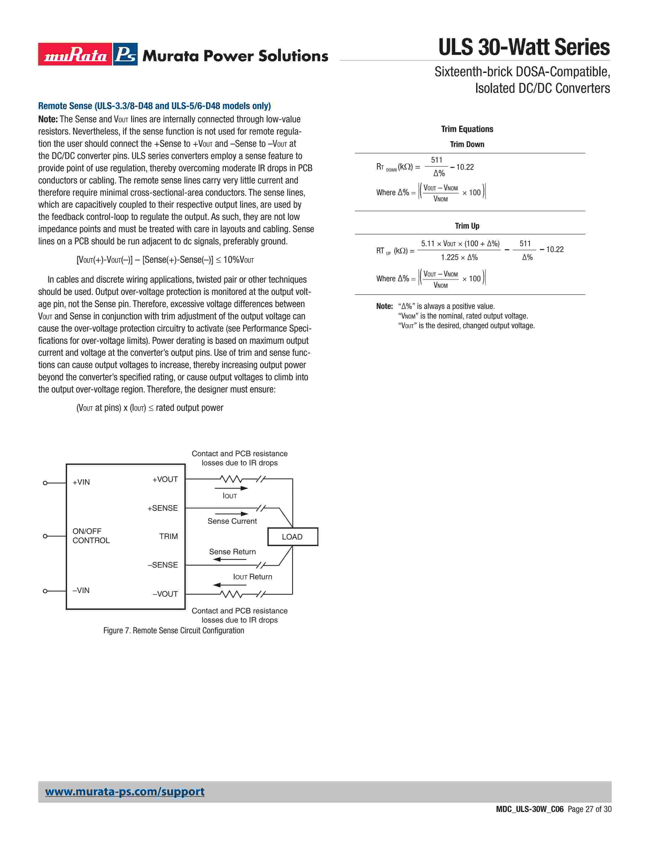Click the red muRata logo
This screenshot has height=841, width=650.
click(75, 54)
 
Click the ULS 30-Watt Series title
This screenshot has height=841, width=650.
click(524, 47)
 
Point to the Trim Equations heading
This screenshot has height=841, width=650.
click(467, 129)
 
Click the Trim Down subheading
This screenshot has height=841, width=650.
click(467, 144)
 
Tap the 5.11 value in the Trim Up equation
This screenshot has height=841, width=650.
click(428, 244)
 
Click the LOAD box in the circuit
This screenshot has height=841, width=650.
click(293, 537)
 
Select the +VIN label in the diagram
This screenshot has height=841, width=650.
click(81, 482)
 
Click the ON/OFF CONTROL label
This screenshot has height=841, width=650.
click(91, 536)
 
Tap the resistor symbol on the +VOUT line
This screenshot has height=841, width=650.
click(231, 479)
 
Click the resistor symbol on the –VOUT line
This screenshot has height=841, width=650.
click(231, 594)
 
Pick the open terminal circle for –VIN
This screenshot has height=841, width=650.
click(45, 591)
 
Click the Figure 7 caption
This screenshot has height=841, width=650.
click(174, 630)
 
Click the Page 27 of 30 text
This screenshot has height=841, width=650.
click(589, 809)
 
